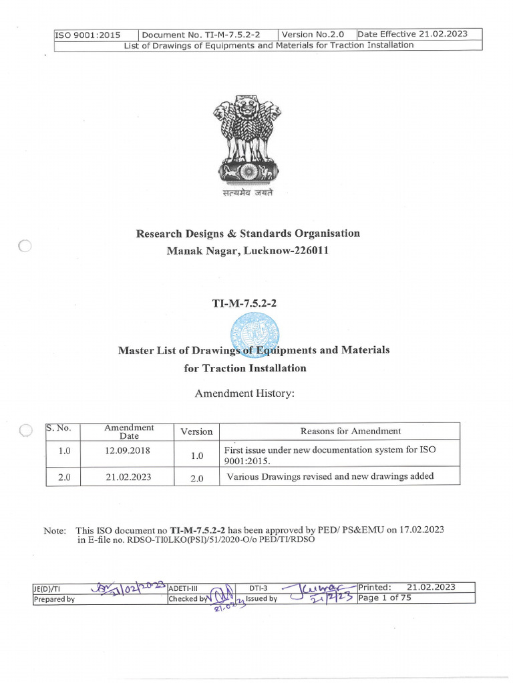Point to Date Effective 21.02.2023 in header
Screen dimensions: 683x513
click(x=412, y=34)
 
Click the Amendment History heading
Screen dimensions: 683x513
click(x=244, y=394)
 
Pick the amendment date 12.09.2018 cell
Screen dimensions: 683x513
click(x=129, y=450)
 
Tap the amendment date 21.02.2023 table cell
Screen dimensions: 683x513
click(x=129, y=477)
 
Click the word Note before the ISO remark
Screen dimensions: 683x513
click(x=55, y=530)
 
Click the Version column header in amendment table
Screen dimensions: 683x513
click(x=196, y=432)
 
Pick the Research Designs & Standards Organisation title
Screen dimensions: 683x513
click(x=248, y=233)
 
